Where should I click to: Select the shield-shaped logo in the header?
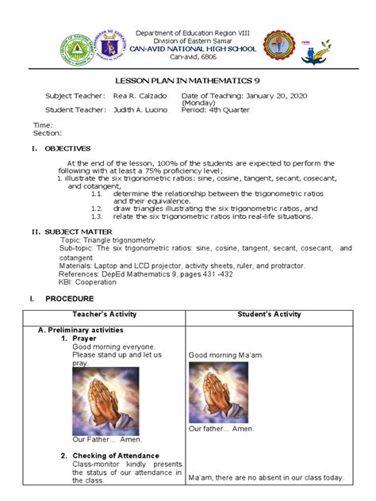coord(117,44)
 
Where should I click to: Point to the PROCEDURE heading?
coord(70,298)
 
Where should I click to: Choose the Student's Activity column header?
coord(269,315)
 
